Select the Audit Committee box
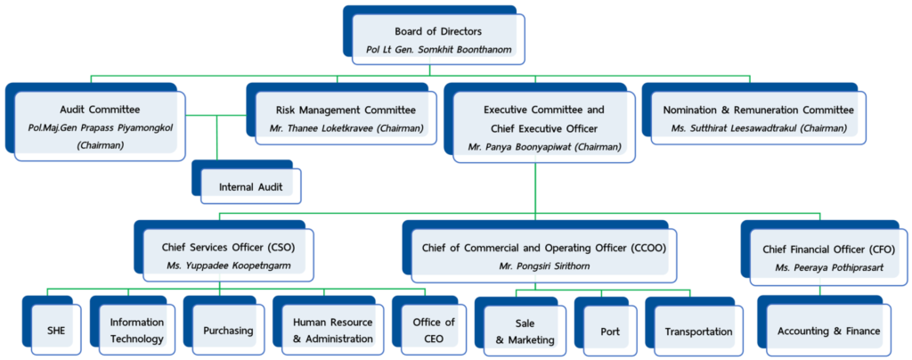coord(99,125)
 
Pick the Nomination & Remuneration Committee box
coord(758,119)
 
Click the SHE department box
coord(55,331)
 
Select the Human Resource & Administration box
coord(332,331)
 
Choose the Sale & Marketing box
coord(524,331)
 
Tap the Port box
coord(609,331)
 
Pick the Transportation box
coord(697,331)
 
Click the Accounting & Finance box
coord(828,331)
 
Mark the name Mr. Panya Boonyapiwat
coord(543,145)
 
